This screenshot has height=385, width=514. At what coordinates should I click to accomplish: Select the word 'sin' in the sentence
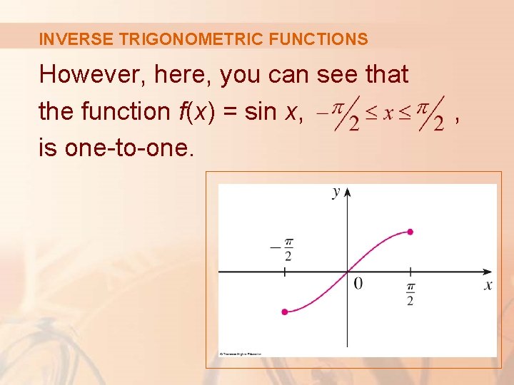click(x=262, y=111)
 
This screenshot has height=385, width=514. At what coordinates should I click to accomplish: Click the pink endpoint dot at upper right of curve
click(x=410, y=232)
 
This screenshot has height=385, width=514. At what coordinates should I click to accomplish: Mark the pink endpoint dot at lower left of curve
click(x=285, y=312)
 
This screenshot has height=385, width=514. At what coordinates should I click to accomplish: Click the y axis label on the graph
click(x=336, y=192)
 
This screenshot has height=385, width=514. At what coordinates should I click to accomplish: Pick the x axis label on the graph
click(x=488, y=285)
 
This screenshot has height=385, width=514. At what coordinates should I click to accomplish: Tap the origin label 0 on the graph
click(x=358, y=284)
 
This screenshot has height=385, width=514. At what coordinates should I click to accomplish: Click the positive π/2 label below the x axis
click(x=410, y=293)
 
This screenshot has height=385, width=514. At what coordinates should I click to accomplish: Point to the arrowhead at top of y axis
click(x=347, y=192)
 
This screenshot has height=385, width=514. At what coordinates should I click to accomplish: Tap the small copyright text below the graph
click(x=240, y=354)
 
